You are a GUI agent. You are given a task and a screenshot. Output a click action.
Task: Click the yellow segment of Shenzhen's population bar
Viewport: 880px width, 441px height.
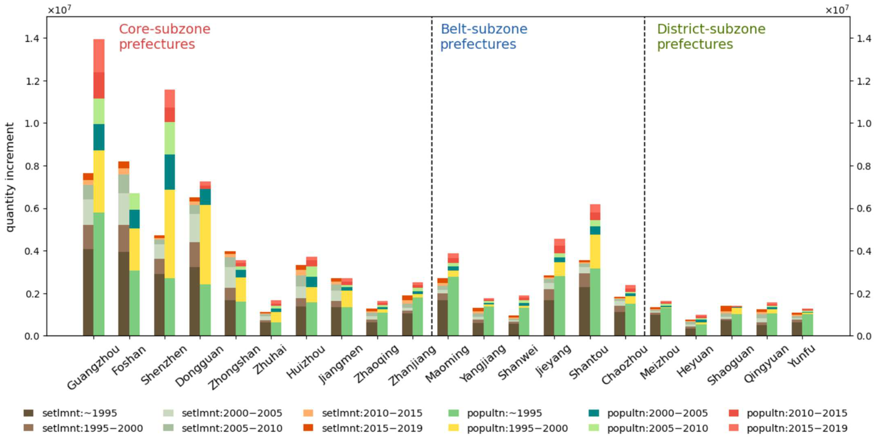click(x=170, y=234)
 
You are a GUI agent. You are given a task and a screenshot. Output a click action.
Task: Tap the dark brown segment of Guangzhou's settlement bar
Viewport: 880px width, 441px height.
click(x=88, y=292)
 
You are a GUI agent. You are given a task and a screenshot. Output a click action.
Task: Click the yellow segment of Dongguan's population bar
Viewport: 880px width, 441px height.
click(x=205, y=245)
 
